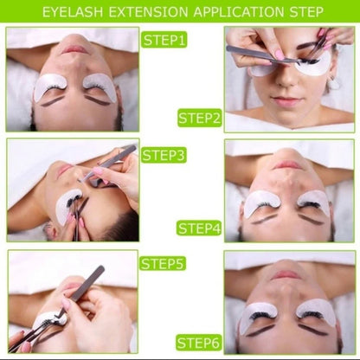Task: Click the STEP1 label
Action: (164, 41)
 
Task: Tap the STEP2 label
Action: (199, 118)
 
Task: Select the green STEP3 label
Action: (164, 156)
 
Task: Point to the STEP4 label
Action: (199, 228)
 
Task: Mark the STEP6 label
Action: (199, 342)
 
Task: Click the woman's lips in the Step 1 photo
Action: (74, 50)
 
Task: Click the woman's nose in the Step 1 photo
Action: (74, 68)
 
